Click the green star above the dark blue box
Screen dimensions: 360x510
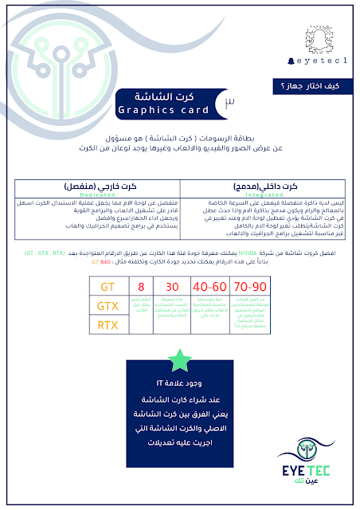pyautogui.click(x=178, y=359)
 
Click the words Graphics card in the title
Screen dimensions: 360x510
pyautogui.click(x=162, y=110)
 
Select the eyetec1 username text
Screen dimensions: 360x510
pyautogui.click(x=323, y=61)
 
